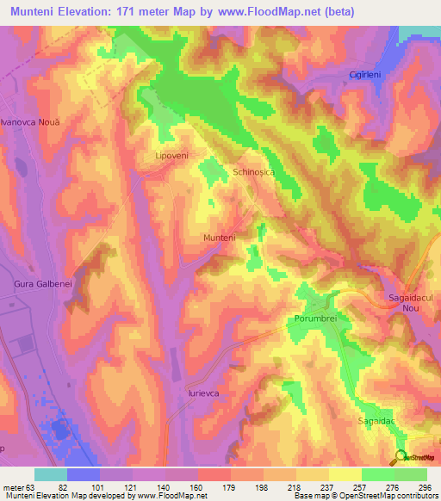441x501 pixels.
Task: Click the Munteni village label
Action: coord(219,237)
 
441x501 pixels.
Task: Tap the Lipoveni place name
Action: coord(171,155)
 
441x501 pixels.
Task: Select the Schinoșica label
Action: coord(253,172)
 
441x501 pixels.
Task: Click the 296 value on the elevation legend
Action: coord(422,486)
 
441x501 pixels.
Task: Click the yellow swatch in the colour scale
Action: coord(344,474)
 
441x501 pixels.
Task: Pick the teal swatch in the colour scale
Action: coord(51,474)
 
